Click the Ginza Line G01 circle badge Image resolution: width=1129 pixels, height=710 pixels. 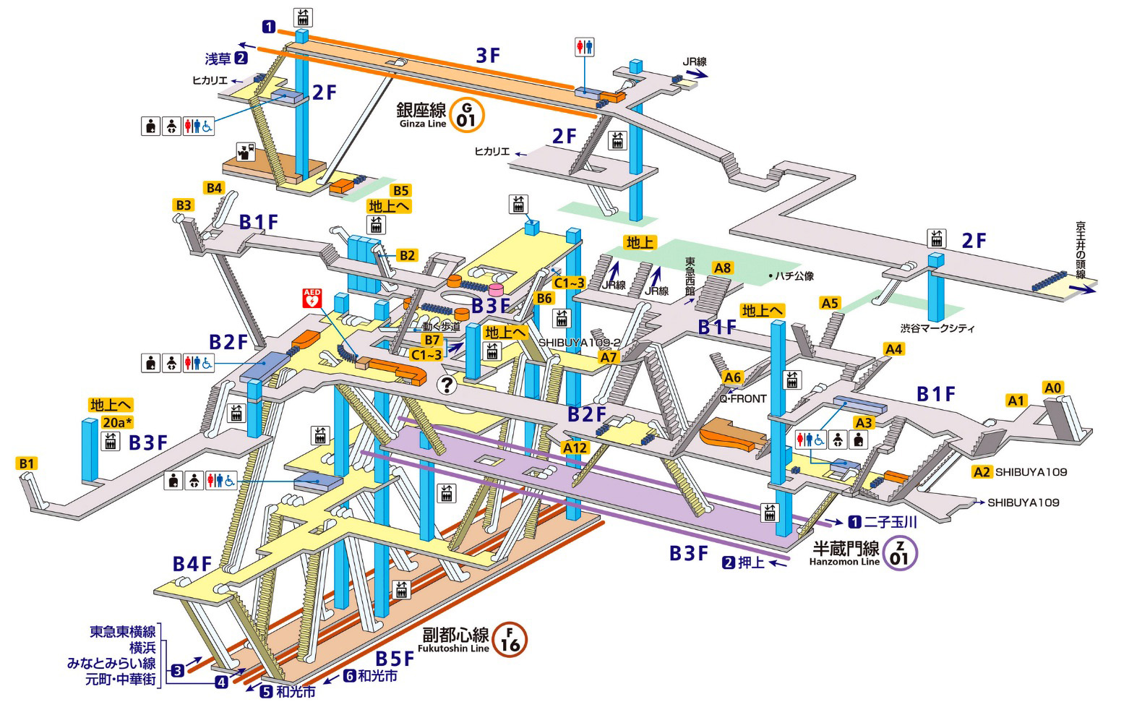466,114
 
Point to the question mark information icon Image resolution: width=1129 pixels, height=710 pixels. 447,385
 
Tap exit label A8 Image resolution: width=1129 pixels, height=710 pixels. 722,268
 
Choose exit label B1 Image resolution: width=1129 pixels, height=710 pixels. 27,463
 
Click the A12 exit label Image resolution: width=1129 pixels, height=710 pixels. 575,448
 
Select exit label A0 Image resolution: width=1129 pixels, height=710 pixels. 1053,388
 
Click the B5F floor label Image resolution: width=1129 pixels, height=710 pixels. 394,659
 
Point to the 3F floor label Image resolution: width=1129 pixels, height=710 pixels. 488,55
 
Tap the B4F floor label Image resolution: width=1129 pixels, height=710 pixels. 192,563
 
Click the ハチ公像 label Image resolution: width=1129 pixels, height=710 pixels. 794,275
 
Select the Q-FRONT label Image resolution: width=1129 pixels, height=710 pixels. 742,398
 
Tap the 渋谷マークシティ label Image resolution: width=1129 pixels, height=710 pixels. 937,328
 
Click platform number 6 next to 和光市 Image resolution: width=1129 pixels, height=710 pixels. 349,676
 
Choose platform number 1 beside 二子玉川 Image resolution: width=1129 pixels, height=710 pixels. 854,521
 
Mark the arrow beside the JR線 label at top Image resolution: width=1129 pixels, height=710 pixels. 697,74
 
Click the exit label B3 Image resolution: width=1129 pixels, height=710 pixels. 184,205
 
